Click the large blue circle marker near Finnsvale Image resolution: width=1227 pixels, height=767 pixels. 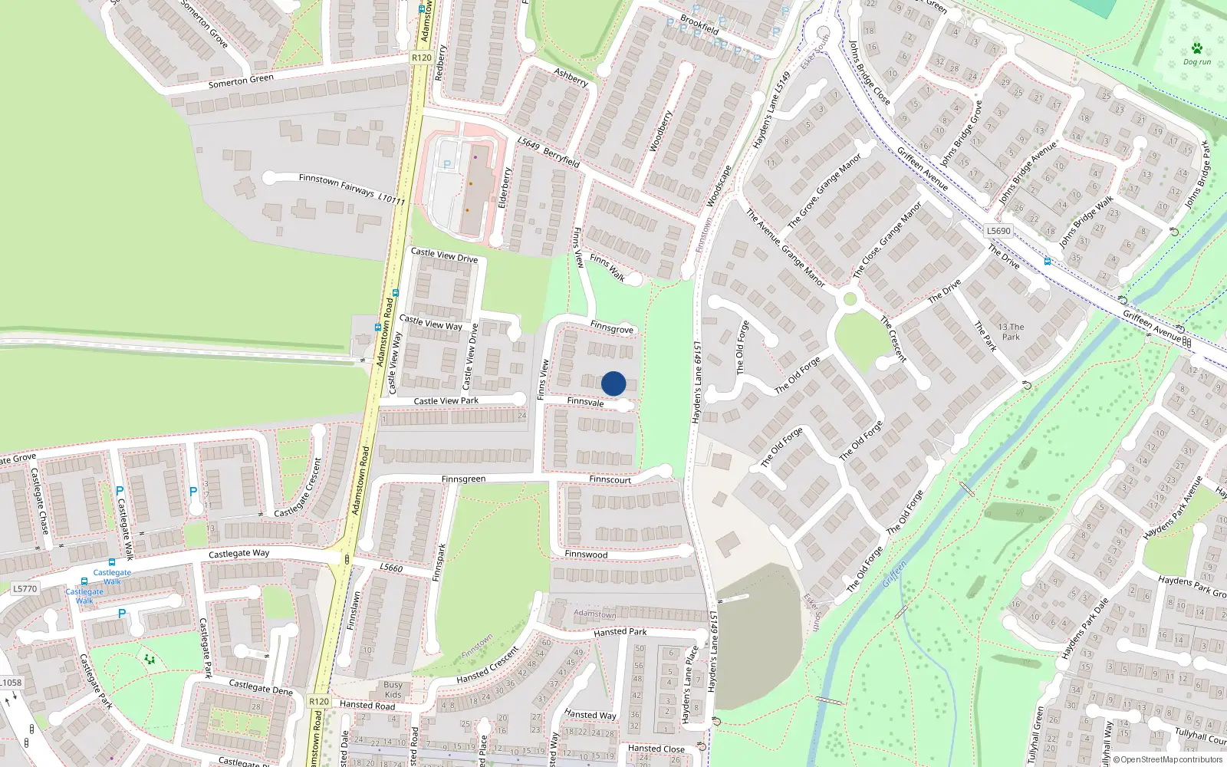click(613, 383)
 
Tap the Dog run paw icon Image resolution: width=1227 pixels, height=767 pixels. click(1196, 49)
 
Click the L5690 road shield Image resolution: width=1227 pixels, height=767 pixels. click(998, 230)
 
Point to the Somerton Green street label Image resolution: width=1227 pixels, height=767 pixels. click(241, 81)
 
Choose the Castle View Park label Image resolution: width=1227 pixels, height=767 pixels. click(446, 400)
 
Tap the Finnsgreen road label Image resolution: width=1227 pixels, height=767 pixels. click(463, 479)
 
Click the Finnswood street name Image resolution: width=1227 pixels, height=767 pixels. click(586, 554)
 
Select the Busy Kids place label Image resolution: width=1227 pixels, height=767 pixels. click(393, 690)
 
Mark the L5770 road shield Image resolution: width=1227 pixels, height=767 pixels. click(25, 589)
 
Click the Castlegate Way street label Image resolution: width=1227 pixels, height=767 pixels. click(238, 553)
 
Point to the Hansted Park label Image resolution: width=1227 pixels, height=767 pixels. click(620, 632)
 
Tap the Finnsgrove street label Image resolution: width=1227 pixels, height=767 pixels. click(612, 328)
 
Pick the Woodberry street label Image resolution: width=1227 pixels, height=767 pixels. click(660, 131)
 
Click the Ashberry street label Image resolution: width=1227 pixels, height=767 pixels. click(571, 77)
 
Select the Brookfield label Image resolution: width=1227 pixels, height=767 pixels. click(699, 25)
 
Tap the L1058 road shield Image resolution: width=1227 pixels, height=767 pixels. click(11, 682)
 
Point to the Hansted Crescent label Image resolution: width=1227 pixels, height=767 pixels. click(488, 665)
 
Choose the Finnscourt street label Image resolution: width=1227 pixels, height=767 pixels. click(610, 479)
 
